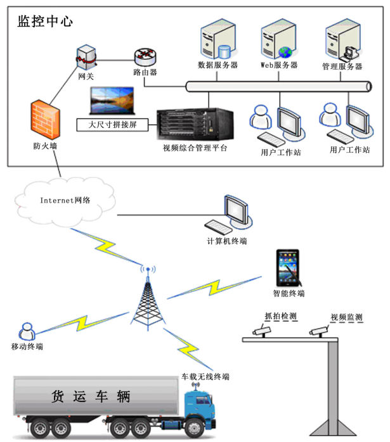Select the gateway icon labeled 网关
coord(86,56)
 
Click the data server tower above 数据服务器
coord(215,39)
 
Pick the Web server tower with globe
coord(278,39)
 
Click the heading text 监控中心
coord(46,20)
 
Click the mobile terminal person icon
coord(27,331)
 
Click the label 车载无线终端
coord(204,377)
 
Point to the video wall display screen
coord(113,99)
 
